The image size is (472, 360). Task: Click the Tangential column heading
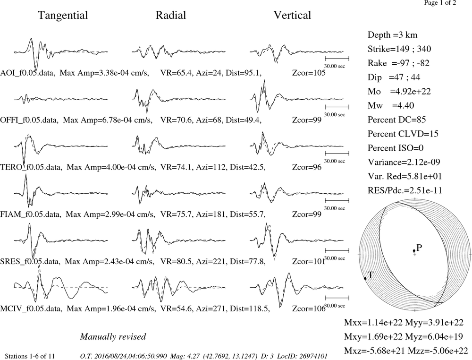click(x=63, y=16)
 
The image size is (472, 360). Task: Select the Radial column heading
click(x=171, y=15)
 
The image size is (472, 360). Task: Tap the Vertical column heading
click(x=292, y=15)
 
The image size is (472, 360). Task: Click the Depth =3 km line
click(x=393, y=35)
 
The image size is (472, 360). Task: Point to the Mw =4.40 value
click(x=391, y=105)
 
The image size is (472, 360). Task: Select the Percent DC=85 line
click(x=397, y=120)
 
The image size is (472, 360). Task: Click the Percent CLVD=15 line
click(x=403, y=134)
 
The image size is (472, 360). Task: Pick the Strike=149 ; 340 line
click(x=399, y=49)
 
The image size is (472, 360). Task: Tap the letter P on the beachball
click(x=419, y=248)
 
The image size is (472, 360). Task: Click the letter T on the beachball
click(x=371, y=275)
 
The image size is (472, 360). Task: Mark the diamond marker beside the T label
click(x=365, y=278)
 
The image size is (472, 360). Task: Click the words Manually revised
click(x=113, y=336)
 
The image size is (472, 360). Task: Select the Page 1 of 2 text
click(x=440, y=3)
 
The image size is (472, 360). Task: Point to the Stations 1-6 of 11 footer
click(x=30, y=356)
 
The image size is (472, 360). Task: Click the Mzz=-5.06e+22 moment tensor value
click(x=438, y=351)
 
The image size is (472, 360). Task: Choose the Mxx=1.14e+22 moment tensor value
click(x=373, y=322)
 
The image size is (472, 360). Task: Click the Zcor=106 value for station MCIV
click(x=309, y=309)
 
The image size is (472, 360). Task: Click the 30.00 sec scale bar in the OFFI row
click(x=337, y=107)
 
